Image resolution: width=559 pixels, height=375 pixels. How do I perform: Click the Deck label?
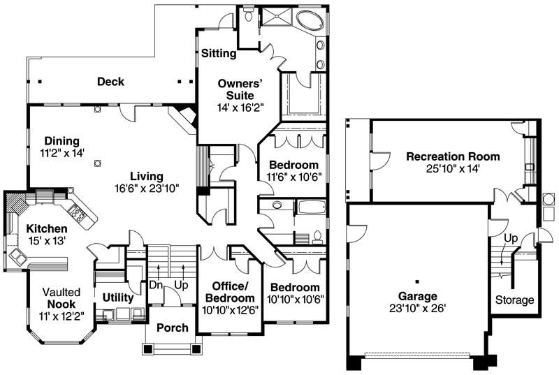coord(110,82)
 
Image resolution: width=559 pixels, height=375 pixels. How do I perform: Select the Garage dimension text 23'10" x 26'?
coord(418,307)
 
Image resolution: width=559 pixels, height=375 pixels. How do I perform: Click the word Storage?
coord(514,300)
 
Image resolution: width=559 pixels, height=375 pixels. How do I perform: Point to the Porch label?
coord(172,328)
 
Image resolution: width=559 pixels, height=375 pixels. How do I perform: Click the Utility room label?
coord(117,297)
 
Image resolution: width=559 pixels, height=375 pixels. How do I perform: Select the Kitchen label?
coord(47,229)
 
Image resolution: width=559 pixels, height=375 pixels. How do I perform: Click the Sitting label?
coord(218,53)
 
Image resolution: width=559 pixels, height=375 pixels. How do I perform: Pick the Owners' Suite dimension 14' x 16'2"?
coord(235,108)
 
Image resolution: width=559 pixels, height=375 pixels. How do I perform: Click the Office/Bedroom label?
coord(230,292)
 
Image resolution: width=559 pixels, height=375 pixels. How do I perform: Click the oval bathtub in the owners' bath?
coord(306,19)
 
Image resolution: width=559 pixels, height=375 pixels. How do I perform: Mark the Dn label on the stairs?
coord(156,285)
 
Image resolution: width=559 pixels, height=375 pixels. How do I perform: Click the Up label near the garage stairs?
coord(511,239)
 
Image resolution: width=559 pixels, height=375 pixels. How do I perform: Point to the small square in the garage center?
coord(417,281)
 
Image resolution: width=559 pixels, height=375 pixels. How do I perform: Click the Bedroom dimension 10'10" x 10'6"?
coord(295,299)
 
